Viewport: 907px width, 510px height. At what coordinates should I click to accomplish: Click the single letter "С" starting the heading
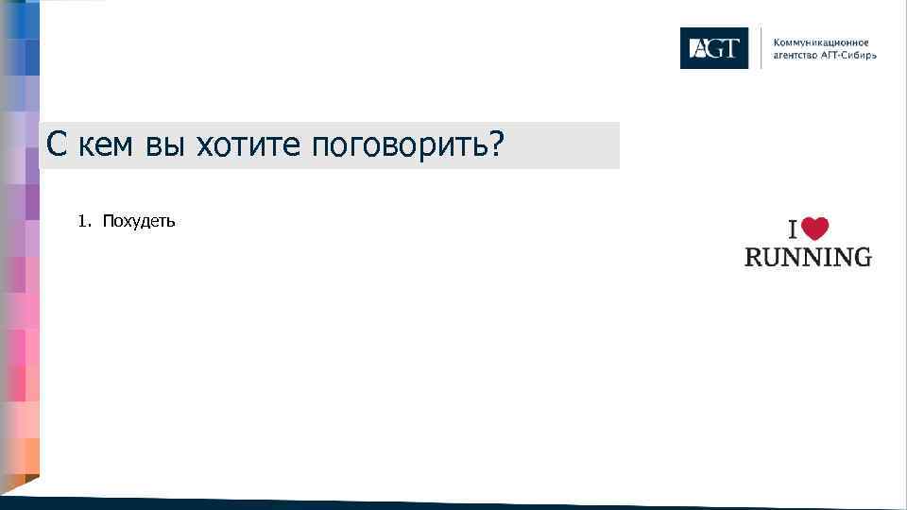pyautogui.click(x=57, y=145)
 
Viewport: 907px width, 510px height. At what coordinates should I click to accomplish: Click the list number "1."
pyautogui.click(x=85, y=222)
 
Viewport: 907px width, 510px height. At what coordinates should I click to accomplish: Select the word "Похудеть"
pyautogui.click(x=139, y=222)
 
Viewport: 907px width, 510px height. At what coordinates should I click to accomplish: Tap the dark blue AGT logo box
pyautogui.click(x=713, y=48)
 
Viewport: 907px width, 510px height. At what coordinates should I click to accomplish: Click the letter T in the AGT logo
pyautogui.click(x=728, y=48)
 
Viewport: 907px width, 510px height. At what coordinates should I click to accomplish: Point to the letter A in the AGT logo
pyautogui.click(x=696, y=48)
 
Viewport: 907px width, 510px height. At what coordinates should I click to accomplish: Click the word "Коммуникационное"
pyautogui.click(x=821, y=42)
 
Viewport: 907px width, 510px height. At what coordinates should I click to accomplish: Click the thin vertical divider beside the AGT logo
pyautogui.click(x=761, y=48)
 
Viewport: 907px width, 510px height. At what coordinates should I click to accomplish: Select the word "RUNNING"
pyautogui.click(x=808, y=256)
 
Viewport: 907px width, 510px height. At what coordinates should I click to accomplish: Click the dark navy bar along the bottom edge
pyautogui.click(x=472, y=503)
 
